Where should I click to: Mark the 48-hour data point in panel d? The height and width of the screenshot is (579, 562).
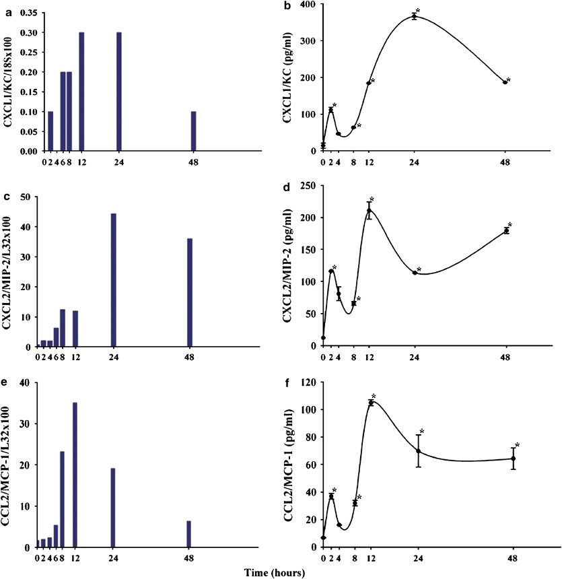pos(506,231)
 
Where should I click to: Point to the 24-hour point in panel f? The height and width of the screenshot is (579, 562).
pos(418,451)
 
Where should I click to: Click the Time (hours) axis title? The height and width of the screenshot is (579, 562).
pos(276,572)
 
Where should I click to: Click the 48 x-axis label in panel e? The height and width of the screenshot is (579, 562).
pos(189,558)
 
